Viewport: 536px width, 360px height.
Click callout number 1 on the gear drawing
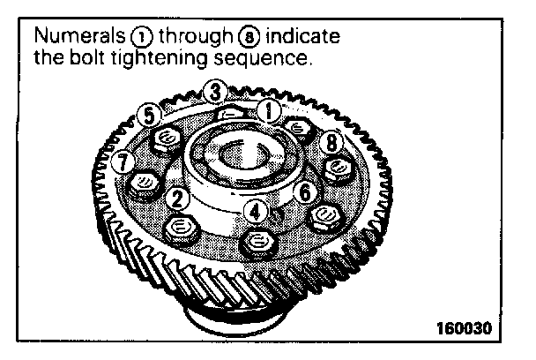point(267,110)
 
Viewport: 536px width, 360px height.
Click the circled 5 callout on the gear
point(150,116)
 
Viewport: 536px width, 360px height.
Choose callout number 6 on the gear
point(304,191)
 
